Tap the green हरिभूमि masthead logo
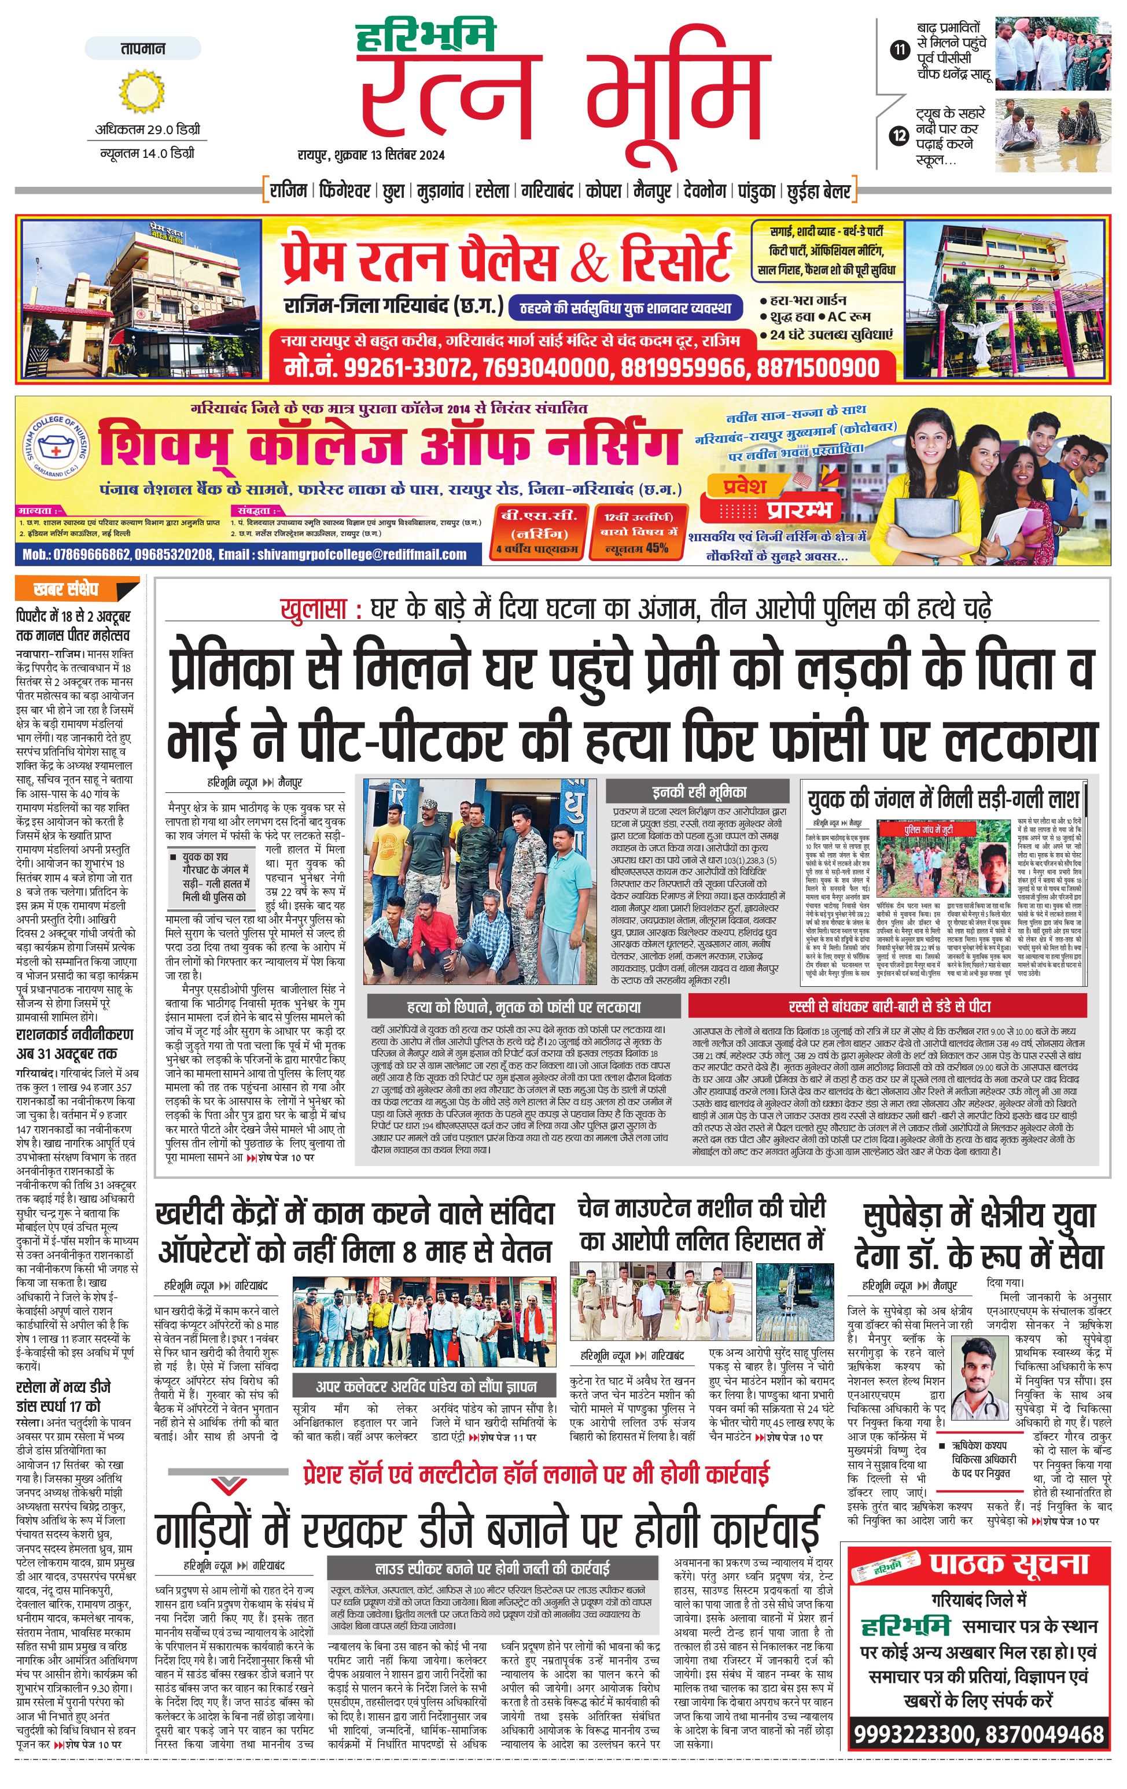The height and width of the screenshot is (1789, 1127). [x=425, y=37]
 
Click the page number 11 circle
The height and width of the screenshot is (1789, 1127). [x=900, y=50]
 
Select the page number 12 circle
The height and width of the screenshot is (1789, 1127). [x=900, y=136]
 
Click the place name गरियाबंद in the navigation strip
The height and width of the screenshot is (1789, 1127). [x=547, y=191]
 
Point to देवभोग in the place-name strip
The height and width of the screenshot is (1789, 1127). [x=705, y=191]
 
